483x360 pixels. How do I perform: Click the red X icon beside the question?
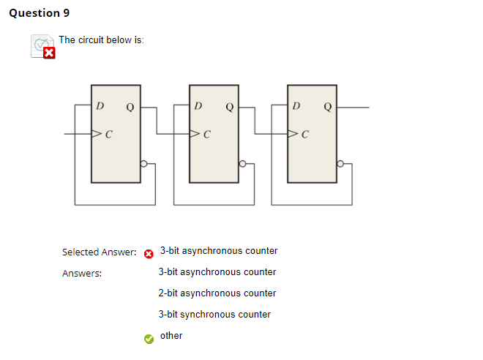48,53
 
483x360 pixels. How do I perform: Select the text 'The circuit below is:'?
101,40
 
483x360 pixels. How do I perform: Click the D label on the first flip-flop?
100,106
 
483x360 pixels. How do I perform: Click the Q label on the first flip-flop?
130,108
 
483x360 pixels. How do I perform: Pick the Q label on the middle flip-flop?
229,108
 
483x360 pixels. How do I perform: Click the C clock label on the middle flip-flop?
208,135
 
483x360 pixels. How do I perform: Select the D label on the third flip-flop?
296,106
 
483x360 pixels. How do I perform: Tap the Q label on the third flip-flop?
327,108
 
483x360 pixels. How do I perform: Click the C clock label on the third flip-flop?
306,135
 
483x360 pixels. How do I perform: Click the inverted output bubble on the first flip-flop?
144,164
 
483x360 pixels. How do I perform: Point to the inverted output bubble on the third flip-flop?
340,164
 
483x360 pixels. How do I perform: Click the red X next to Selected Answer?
149,253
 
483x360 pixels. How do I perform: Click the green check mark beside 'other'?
149,338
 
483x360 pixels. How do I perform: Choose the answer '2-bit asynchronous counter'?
217,293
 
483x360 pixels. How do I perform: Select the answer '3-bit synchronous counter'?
214,315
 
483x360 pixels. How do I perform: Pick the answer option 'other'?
171,336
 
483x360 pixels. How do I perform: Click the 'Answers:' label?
82,274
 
